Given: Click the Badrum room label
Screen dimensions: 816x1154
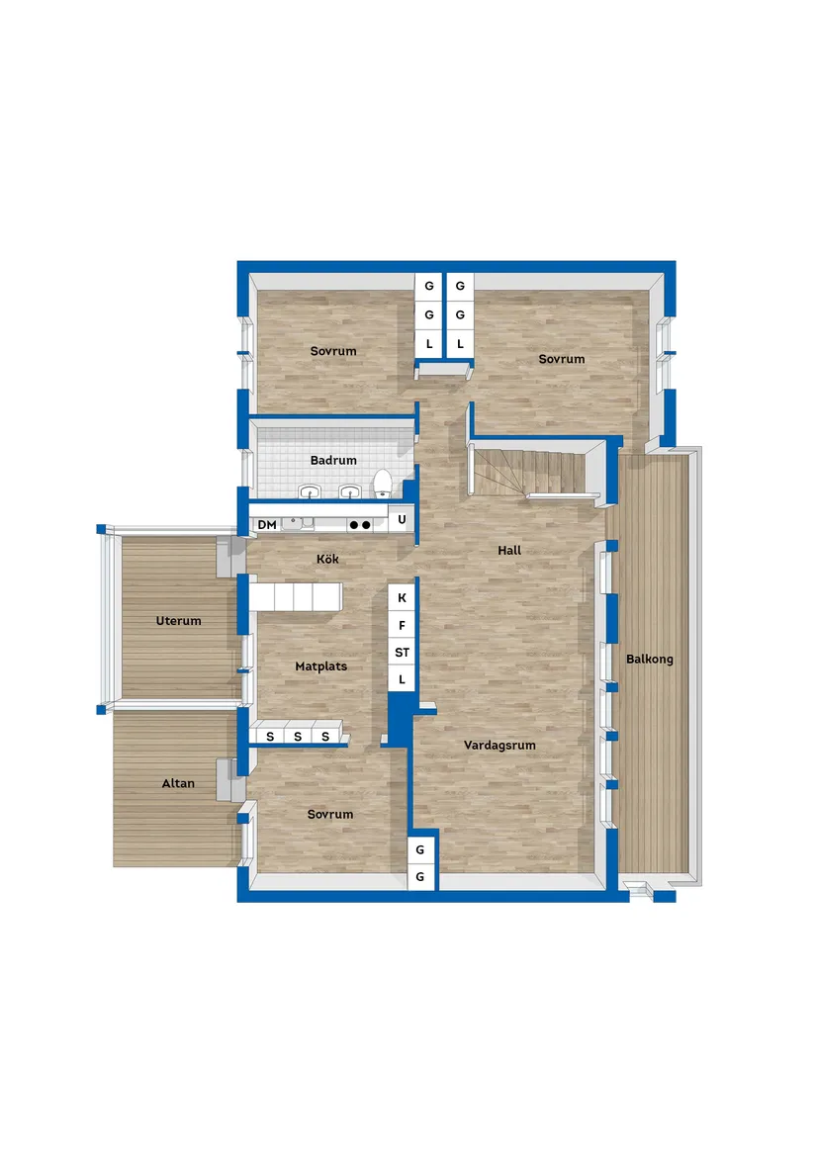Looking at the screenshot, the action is [x=333, y=460].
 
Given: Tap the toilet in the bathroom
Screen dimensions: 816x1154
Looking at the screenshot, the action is [x=382, y=484].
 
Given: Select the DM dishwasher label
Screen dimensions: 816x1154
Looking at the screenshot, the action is [x=267, y=525].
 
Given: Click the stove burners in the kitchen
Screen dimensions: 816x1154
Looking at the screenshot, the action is [x=360, y=525].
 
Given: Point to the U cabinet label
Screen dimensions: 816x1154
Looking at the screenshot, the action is [x=402, y=519].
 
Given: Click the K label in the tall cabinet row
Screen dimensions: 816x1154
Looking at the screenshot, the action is [x=403, y=597].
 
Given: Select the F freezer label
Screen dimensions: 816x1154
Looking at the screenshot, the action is [x=403, y=626].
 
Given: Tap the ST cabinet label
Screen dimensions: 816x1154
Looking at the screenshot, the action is [x=403, y=652].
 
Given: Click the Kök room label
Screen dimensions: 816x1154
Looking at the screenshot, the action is [x=327, y=559].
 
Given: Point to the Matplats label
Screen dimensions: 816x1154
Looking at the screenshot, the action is [x=321, y=666].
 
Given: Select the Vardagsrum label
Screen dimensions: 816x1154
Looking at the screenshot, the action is [x=499, y=745].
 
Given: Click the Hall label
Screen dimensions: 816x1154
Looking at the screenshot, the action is [x=509, y=550].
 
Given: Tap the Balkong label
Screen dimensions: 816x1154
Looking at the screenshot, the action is [x=650, y=659].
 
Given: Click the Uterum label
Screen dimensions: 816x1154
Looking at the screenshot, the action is [x=178, y=620].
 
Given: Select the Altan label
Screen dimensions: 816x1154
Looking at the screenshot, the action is [x=178, y=783].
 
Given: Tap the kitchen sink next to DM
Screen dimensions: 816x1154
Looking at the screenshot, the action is [x=299, y=523].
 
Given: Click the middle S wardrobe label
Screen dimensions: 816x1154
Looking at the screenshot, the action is [x=298, y=736].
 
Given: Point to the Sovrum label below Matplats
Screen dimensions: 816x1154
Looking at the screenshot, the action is [x=330, y=814].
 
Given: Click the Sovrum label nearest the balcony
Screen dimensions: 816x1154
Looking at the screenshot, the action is [x=561, y=358].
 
